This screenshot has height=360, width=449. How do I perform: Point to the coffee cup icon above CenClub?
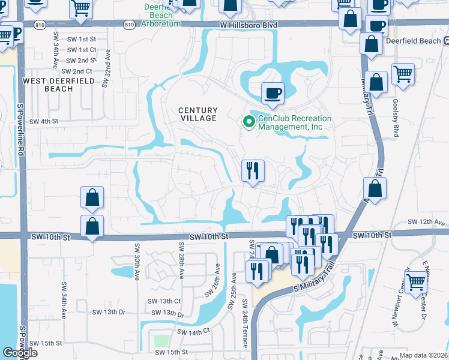(272, 93)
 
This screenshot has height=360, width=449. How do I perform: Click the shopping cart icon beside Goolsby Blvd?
(403, 74)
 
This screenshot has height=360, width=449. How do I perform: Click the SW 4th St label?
(43, 121)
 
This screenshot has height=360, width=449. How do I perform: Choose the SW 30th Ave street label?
(137, 259)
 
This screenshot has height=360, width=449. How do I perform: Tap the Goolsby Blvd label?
(396, 118)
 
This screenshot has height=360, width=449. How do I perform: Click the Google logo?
(19, 353)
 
